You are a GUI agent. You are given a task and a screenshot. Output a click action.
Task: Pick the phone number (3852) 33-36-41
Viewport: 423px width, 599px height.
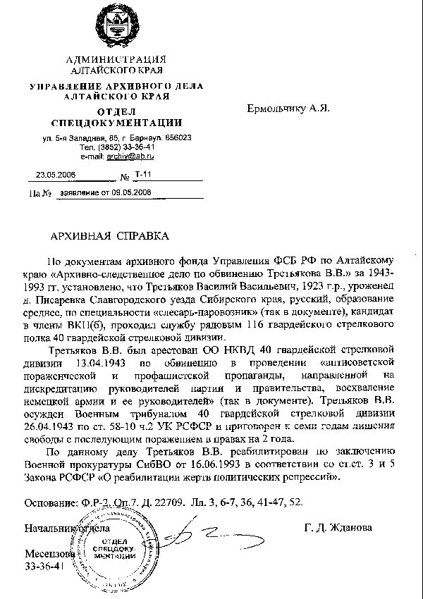click(125, 147)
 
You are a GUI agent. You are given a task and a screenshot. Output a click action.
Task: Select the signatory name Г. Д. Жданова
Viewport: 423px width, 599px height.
click(338, 527)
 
